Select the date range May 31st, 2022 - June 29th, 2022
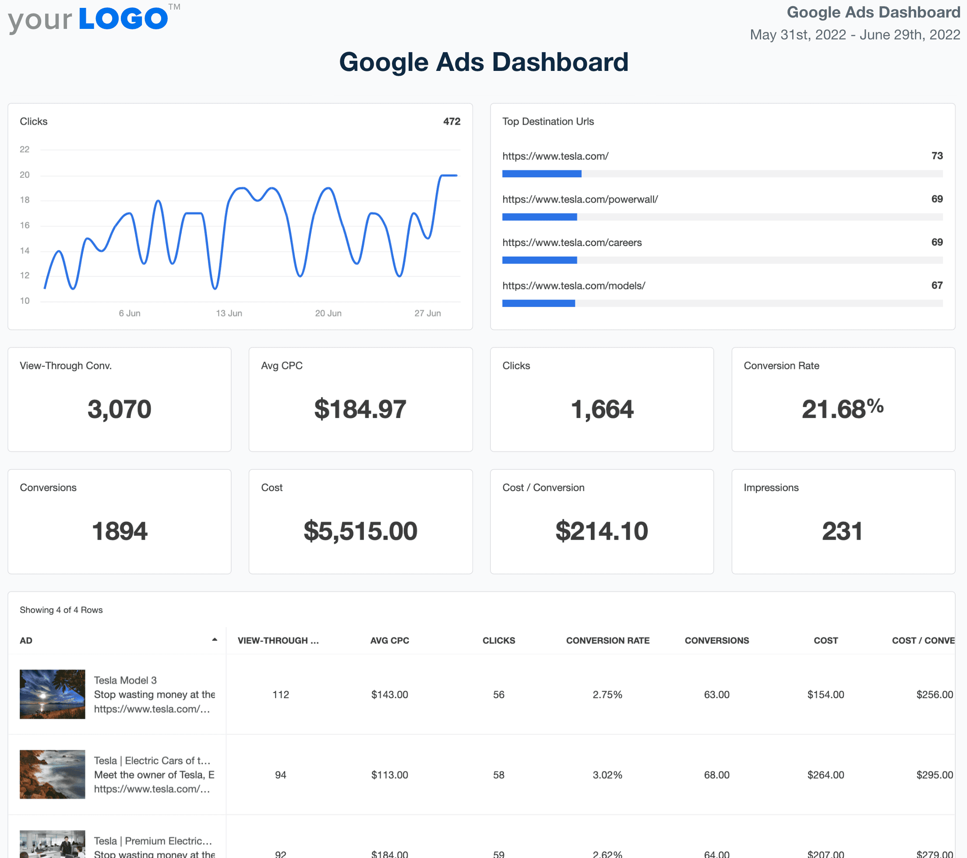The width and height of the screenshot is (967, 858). click(854, 35)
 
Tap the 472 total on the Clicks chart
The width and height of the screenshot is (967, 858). click(452, 122)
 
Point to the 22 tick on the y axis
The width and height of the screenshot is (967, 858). click(25, 149)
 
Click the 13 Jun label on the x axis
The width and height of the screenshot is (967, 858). click(229, 313)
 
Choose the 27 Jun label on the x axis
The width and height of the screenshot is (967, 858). click(427, 313)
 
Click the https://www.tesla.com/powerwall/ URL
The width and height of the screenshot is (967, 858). click(579, 199)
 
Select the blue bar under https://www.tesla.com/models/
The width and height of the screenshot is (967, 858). click(538, 303)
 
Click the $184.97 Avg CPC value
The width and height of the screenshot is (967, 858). click(360, 409)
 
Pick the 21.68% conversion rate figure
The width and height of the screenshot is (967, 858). click(842, 409)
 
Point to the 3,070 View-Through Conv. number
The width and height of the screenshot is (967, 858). click(119, 409)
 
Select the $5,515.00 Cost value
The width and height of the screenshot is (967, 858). click(360, 531)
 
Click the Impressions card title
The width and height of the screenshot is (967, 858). click(771, 488)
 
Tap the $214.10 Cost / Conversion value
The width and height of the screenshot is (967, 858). click(601, 531)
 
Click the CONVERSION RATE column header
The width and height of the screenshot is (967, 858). click(607, 640)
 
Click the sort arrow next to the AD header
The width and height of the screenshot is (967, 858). click(214, 640)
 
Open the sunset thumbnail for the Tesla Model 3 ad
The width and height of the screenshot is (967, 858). click(53, 694)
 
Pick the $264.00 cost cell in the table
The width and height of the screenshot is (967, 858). click(825, 775)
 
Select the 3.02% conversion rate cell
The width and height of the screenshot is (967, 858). click(607, 775)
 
